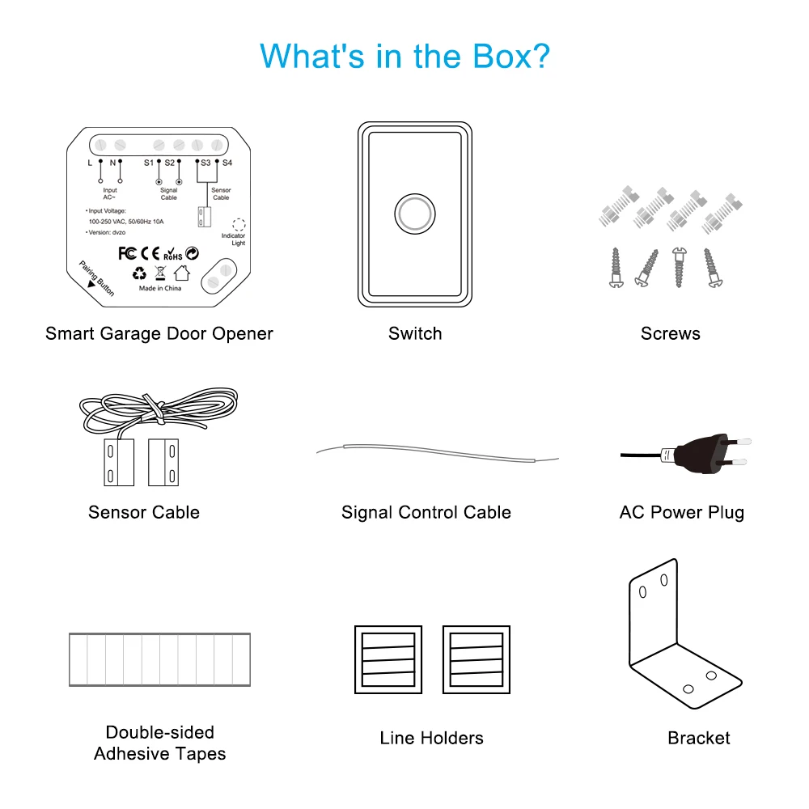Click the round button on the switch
pos(414,214)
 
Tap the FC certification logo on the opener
pos(127,253)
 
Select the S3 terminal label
pos(205,163)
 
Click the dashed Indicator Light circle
pos(239,225)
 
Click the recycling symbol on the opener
pos(140,273)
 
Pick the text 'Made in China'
pos(159,288)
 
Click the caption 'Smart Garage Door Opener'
pos(159,333)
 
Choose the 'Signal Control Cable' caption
pos(426,512)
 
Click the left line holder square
pos(388,659)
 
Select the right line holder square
pos(476,659)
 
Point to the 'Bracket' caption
pos(699,738)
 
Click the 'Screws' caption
pos(671,333)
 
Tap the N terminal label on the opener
pos(113,163)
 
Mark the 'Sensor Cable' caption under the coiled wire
pos(144,512)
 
